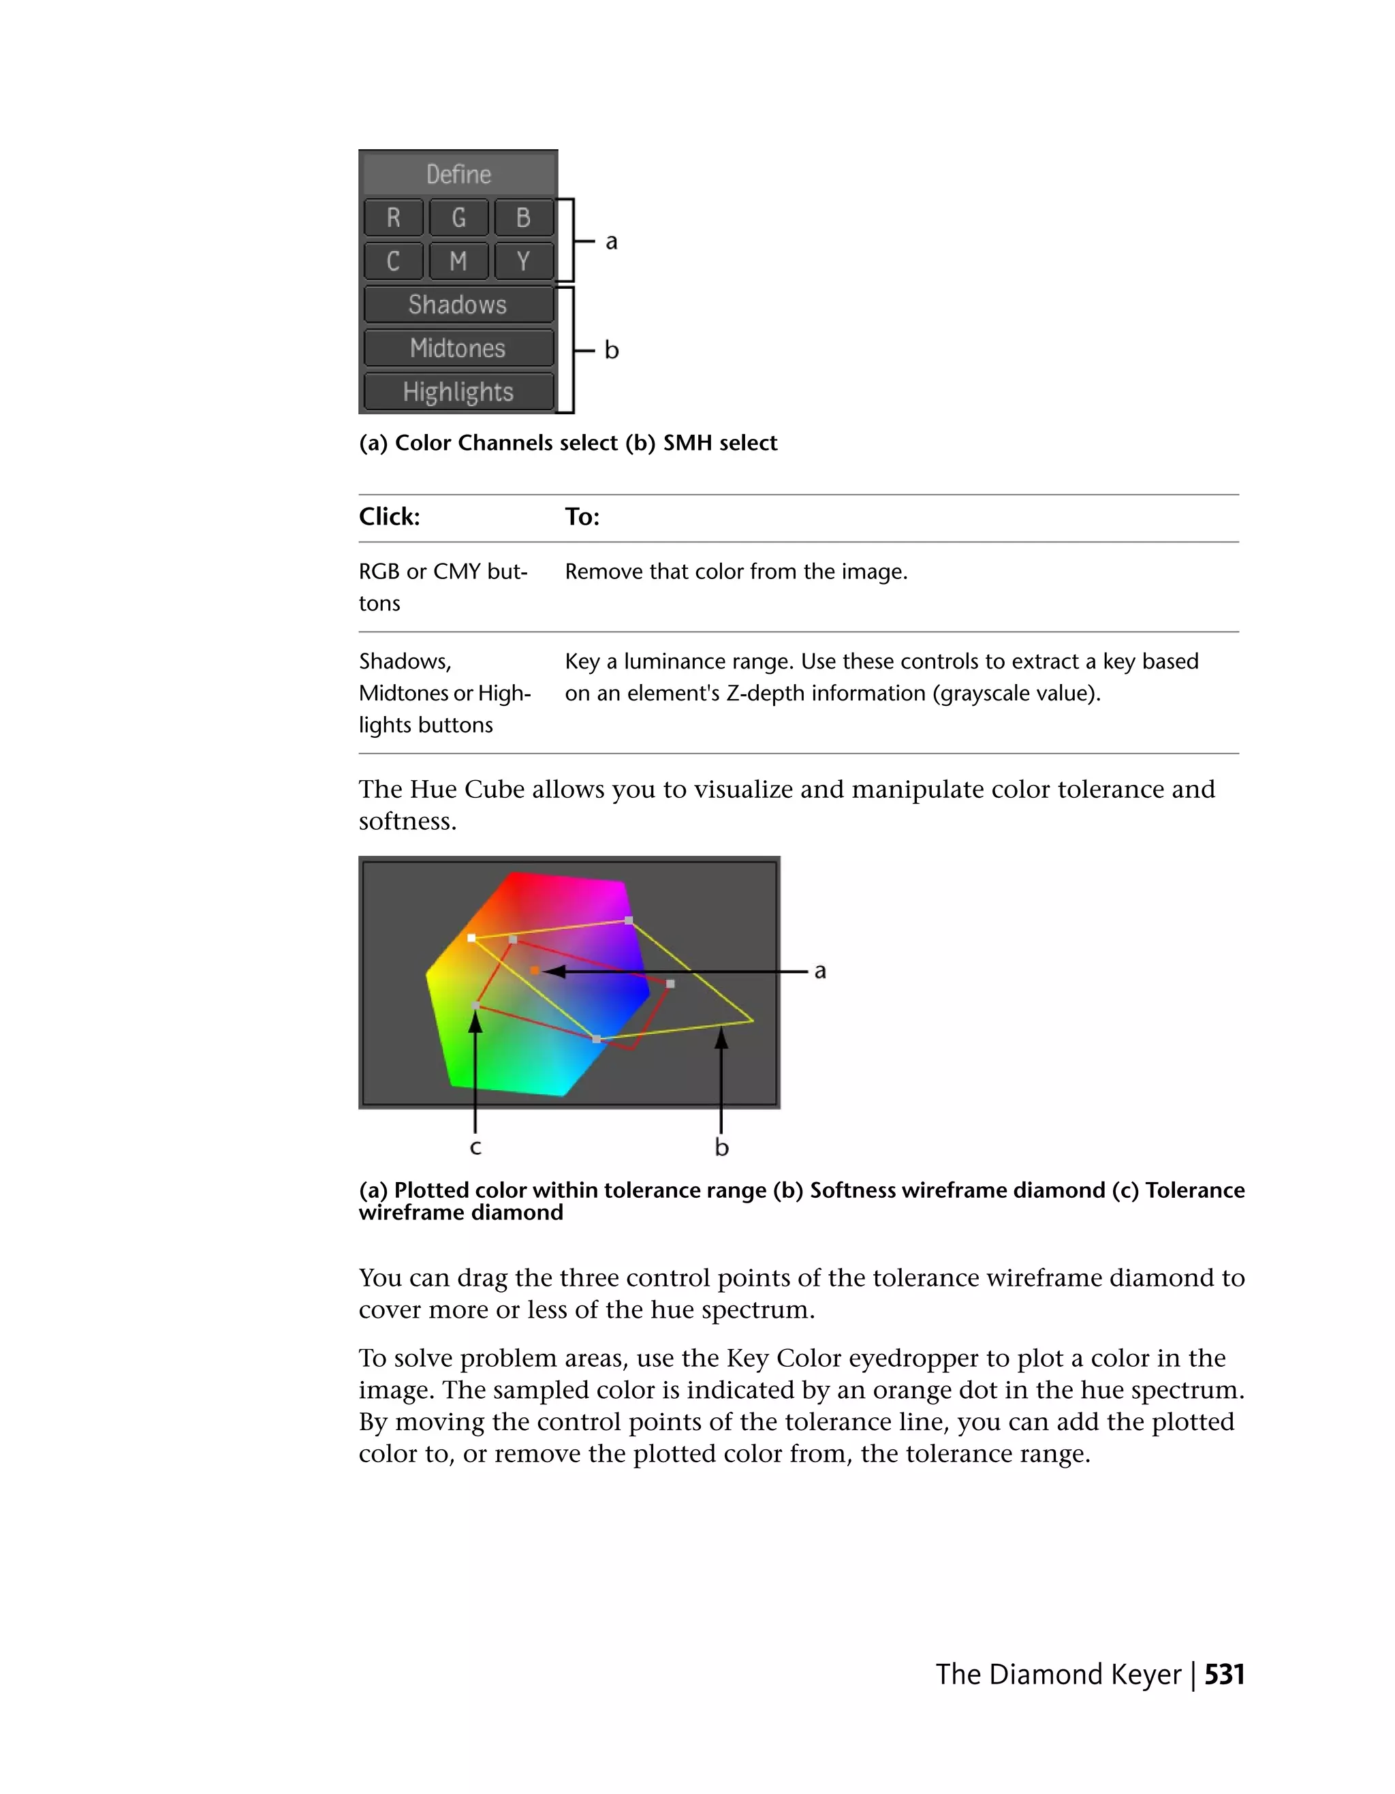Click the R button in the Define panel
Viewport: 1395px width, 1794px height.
(x=393, y=217)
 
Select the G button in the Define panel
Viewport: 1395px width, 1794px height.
(x=458, y=217)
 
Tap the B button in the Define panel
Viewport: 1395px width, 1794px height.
(x=523, y=217)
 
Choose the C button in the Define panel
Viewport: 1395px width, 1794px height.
(x=393, y=261)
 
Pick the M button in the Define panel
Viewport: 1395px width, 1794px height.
(x=458, y=261)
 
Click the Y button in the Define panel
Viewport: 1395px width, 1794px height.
(x=523, y=261)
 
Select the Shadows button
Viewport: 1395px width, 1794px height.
(x=458, y=305)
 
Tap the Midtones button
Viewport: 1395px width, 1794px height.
(x=458, y=348)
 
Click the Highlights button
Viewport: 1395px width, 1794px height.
(x=458, y=392)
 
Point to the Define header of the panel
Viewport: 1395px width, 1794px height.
(x=458, y=174)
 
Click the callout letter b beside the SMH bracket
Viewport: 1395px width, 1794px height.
(x=611, y=351)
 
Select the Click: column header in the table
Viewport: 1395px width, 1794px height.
(x=389, y=516)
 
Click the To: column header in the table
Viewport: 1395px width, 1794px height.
(x=582, y=516)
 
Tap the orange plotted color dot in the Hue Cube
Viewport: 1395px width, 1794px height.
(x=535, y=971)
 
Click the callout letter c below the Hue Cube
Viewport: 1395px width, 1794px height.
(x=475, y=1147)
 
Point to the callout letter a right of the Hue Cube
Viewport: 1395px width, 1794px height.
(x=819, y=972)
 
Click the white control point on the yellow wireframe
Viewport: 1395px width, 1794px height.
(x=471, y=938)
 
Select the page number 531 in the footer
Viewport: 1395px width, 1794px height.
(x=1224, y=1674)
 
